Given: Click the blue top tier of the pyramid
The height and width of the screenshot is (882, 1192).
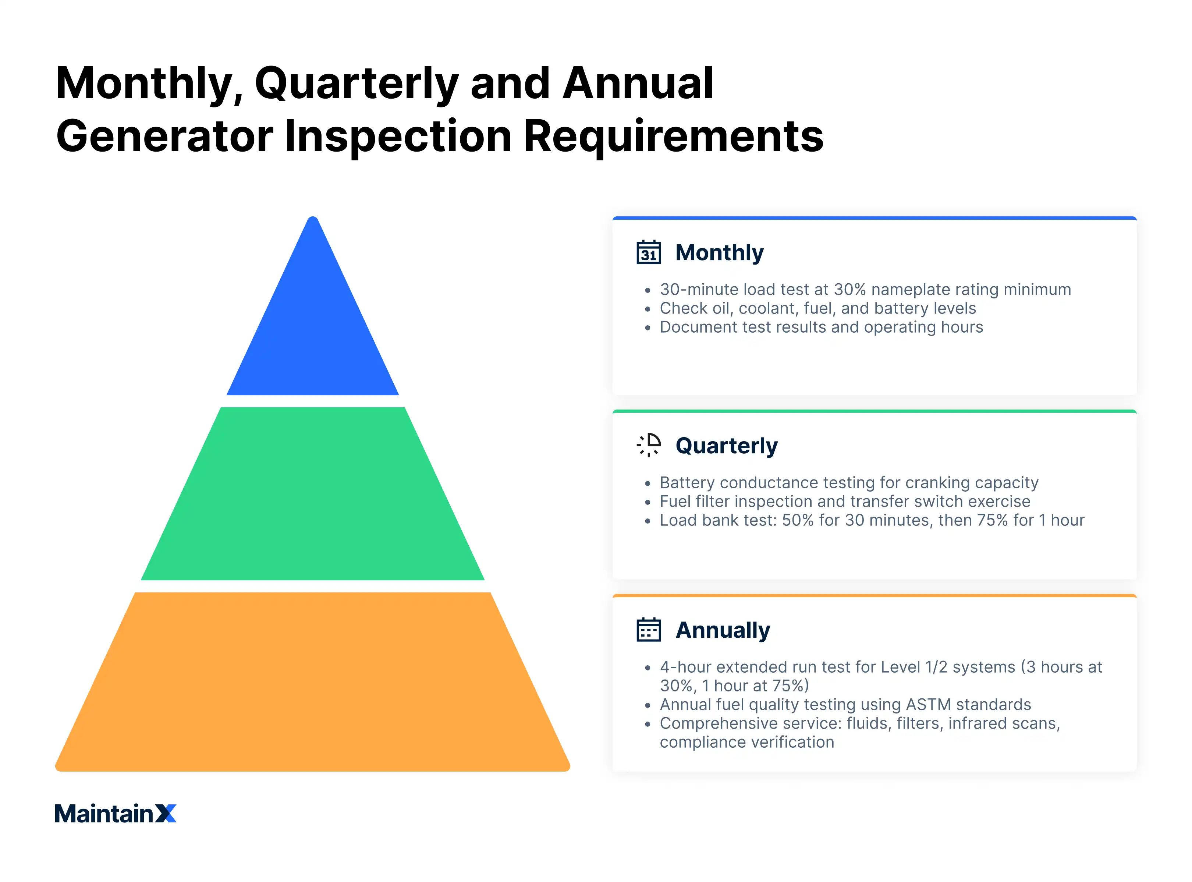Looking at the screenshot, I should point(313,331).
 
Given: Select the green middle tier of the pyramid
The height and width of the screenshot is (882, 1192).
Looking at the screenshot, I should point(313,494).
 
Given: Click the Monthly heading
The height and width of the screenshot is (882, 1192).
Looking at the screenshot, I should point(719,252).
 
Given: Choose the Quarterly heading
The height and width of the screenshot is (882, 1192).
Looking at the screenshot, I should point(726,446).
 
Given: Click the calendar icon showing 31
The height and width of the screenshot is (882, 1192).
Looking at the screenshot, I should point(649,252).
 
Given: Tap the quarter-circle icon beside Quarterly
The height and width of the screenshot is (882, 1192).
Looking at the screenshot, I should point(649,445).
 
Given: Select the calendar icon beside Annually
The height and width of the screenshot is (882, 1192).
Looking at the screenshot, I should point(649,630).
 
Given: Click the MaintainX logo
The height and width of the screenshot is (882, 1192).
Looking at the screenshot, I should point(115,814).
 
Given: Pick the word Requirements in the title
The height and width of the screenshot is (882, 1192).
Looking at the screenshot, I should point(673,136).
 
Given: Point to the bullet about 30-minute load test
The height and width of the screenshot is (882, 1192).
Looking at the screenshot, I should point(865,289).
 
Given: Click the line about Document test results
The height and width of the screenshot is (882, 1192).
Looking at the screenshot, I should point(821,327).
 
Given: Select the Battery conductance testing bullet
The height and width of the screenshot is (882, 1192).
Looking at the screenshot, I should point(849,483).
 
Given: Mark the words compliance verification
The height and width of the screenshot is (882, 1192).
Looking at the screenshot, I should point(746,742).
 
